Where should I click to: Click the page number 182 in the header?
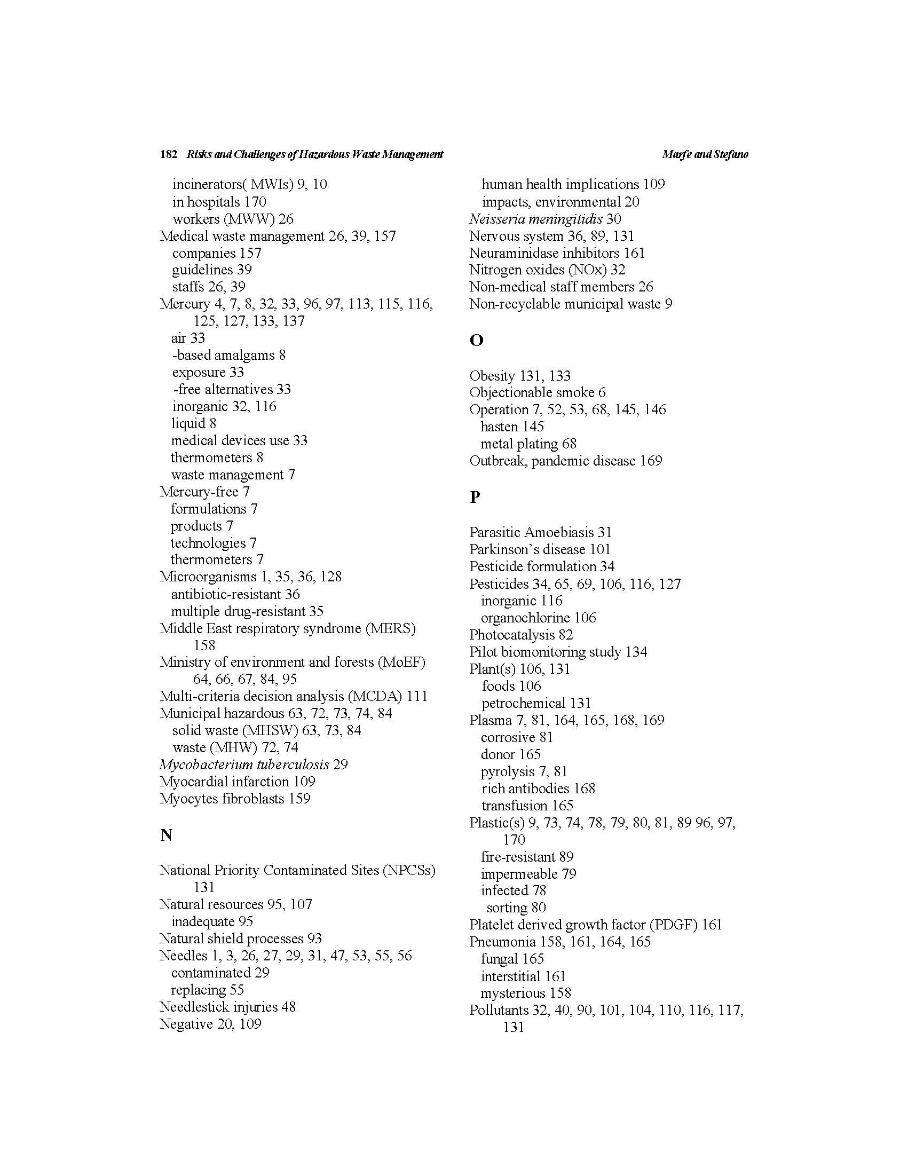click(168, 154)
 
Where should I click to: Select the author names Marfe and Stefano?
click(705, 154)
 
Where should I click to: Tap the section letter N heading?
click(166, 835)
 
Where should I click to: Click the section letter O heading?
click(476, 340)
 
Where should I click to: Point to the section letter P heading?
click(475, 496)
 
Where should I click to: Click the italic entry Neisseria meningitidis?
click(536, 219)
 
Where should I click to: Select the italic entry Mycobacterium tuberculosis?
click(244, 764)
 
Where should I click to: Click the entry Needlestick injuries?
click(218, 1007)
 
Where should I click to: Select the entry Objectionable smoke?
click(532, 393)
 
